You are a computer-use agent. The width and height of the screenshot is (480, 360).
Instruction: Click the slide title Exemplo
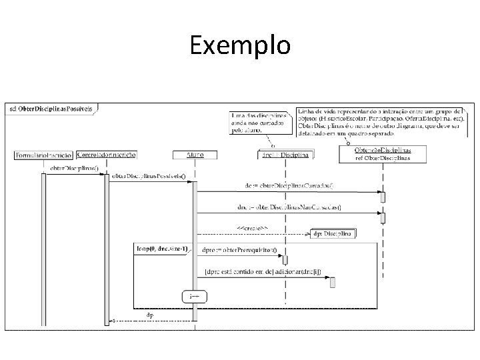[240, 46]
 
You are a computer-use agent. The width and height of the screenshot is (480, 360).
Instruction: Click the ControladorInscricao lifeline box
[107, 155]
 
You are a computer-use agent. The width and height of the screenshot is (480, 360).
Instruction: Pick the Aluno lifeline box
[195, 155]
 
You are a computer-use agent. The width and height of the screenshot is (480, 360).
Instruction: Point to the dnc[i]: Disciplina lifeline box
[285, 155]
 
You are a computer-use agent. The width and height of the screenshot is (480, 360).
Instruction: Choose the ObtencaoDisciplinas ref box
[383, 154]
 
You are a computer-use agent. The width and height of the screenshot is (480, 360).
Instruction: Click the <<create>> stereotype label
[253, 229]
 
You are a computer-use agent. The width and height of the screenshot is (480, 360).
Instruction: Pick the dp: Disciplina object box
[334, 234]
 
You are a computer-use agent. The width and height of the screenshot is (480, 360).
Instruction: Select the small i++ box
[194, 295]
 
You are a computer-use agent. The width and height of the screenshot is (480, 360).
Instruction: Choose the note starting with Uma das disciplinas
[259, 123]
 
